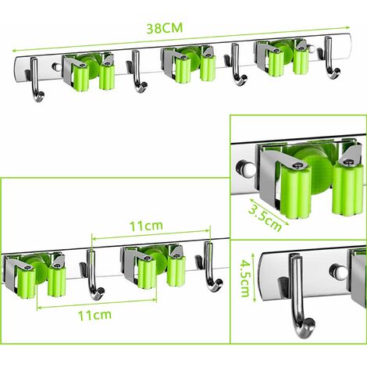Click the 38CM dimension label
[165, 28]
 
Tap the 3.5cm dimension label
[265, 218]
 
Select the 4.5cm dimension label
[245, 279]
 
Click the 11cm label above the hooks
[146, 226]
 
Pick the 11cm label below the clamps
[94, 315]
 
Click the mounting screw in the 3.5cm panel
[246, 169]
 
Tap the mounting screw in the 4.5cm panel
[338, 271]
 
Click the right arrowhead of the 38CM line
[347, 27]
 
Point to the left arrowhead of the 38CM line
[15, 51]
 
